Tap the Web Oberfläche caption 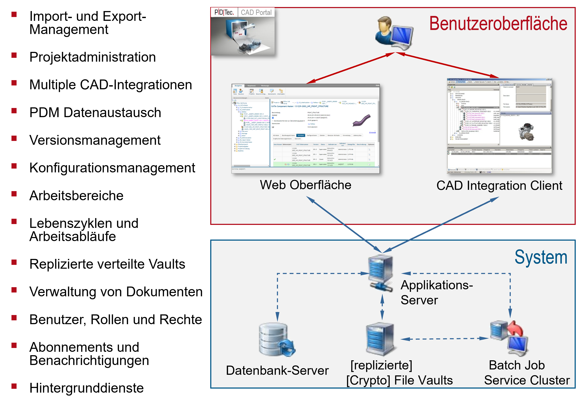point(305,185)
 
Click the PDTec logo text point(224,12)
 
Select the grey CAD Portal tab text point(256,12)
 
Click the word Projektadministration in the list point(93,57)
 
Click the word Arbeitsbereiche point(76,196)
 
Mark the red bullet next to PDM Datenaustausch point(14,111)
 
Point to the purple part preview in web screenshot point(361,121)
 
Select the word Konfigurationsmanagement point(112,168)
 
